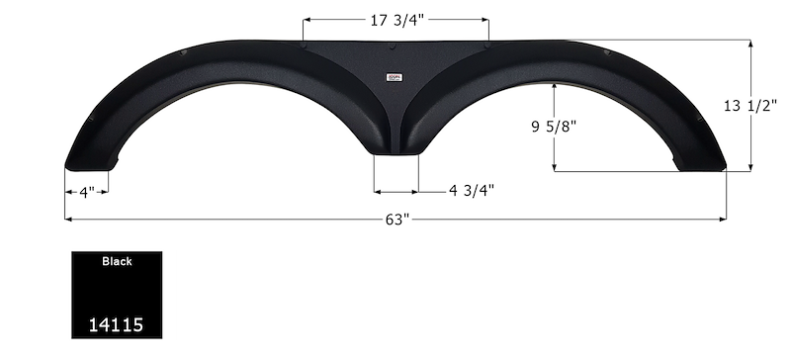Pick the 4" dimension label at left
click(87, 192)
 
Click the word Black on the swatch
click(116, 262)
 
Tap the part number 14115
click(116, 322)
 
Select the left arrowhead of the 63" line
click(68, 219)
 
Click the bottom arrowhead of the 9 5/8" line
click(555, 167)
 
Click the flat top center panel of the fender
click(395, 54)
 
